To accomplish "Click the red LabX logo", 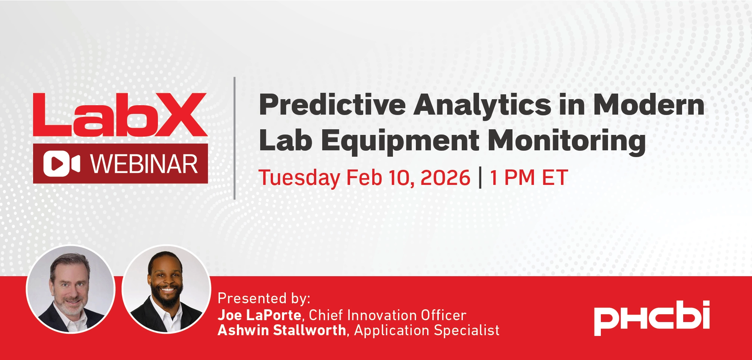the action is (120, 115).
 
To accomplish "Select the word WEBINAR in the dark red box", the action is (144, 164).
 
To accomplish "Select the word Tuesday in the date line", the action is (299, 178).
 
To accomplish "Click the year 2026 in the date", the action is (445, 178).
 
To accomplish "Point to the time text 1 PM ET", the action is (529, 178).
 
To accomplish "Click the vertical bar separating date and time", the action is (480, 178).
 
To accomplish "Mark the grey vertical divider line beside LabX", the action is (235, 138).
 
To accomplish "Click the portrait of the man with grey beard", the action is (70, 289).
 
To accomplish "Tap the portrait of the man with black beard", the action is (167, 289).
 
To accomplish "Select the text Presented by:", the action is (264, 298).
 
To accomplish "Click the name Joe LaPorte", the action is (259, 315).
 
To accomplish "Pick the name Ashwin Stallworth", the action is (282, 330).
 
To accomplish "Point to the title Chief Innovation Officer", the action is (388, 315).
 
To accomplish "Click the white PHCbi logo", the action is (652, 318).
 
